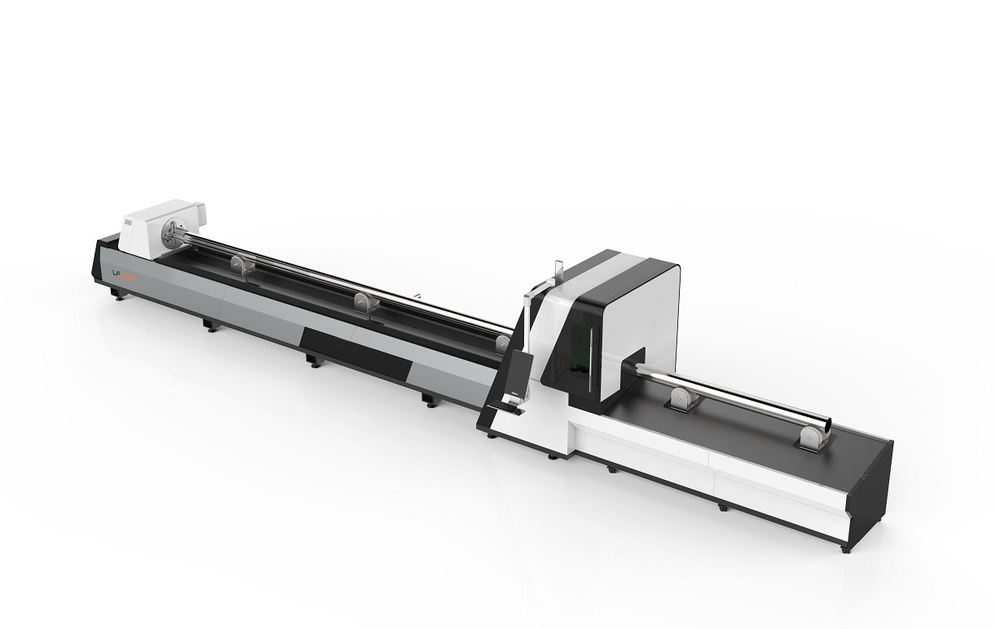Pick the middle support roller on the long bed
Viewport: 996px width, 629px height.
coord(363,301)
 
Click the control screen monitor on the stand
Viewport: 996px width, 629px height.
coord(517,375)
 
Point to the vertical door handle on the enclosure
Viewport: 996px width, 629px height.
coord(586,342)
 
